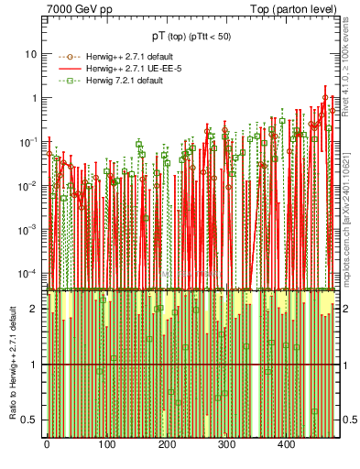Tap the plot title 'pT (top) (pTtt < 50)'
pos(192,37)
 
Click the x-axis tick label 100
pos(106,444)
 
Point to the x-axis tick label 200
pos(167,444)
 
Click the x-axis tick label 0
pos(47,444)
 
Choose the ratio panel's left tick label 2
pos(34,309)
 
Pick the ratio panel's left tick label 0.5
pos(30,420)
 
